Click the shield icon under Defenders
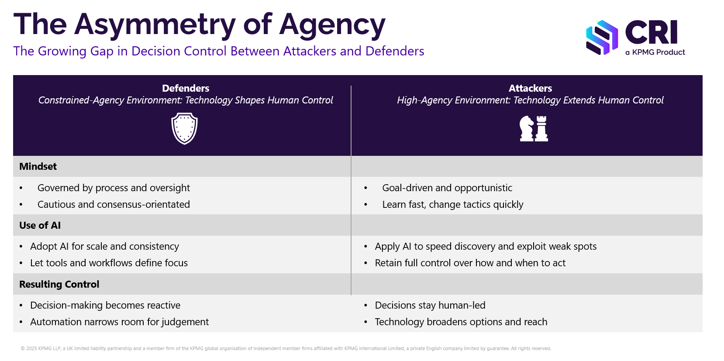click(x=184, y=128)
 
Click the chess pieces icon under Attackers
click(x=533, y=128)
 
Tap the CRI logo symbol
click(x=602, y=38)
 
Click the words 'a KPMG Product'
click(x=655, y=52)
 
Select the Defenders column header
click(x=186, y=88)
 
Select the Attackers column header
click(x=530, y=88)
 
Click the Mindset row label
click(x=38, y=166)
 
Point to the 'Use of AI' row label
click(x=40, y=225)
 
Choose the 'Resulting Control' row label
click(x=59, y=284)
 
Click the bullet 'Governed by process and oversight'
click(x=114, y=188)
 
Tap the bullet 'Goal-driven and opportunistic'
click(x=447, y=188)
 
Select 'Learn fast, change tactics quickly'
click(x=452, y=204)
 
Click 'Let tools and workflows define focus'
click(x=109, y=263)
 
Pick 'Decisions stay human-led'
click(x=430, y=305)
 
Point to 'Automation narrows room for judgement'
click(x=119, y=322)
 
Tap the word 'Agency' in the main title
click(x=332, y=24)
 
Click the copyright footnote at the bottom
click(x=286, y=348)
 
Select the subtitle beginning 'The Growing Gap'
click(x=218, y=51)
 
